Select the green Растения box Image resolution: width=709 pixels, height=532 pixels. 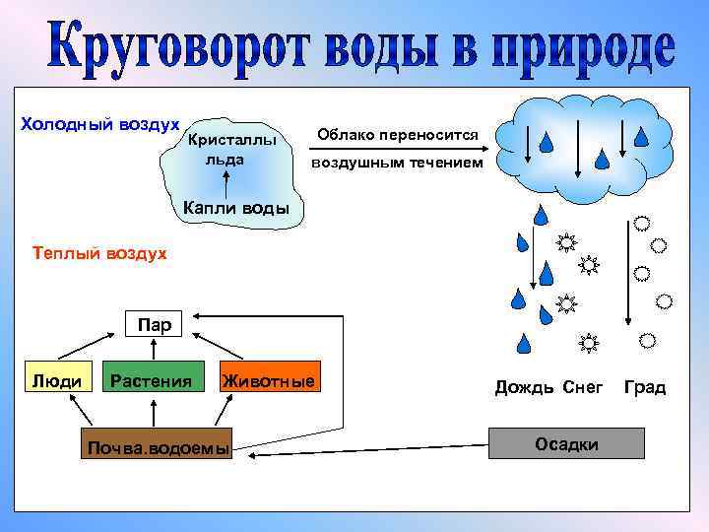[x=151, y=381]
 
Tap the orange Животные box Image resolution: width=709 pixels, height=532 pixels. [x=269, y=381]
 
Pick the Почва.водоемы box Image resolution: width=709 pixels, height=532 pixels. [x=157, y=448]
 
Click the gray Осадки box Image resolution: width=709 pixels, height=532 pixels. [x=566, y=444]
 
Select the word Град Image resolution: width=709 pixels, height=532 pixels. [x=645, y=387]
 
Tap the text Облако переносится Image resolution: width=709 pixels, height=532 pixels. [x=398, y=134]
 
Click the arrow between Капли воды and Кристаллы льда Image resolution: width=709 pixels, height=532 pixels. [x=226, y=181]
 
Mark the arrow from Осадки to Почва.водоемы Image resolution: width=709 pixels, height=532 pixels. [x=364, y=451]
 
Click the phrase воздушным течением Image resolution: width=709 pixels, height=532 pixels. [x=397, y=163]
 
